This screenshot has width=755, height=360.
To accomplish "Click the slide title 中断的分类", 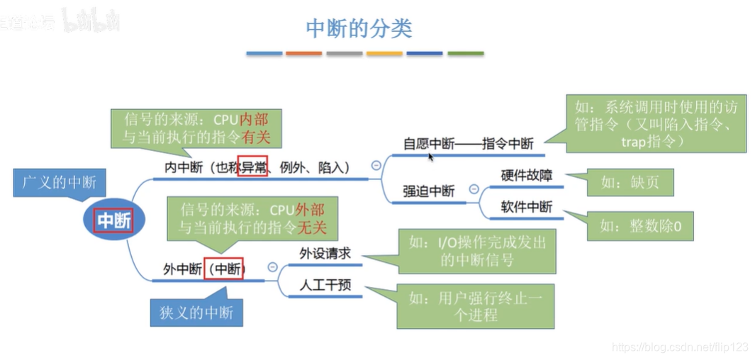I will pos(359,28).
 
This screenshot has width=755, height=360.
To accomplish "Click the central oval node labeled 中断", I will pos(113,220).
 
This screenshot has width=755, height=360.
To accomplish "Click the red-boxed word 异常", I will pos(252,167).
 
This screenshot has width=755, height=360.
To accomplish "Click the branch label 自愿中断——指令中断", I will pos(467,144).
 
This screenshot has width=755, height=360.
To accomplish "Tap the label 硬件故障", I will pos(526,176).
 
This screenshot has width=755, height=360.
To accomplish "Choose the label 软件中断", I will pos(526,208).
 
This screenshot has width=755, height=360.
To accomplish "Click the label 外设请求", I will pos(325,254).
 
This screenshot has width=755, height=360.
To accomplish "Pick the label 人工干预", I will pos(325,286).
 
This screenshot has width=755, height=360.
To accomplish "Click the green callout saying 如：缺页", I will pos(630,183).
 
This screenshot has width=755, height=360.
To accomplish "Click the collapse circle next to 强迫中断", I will pos(474,190).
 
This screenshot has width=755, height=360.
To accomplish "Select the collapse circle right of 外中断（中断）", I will pos(272,267).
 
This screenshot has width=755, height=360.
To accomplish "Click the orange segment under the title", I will pos(304,53).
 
